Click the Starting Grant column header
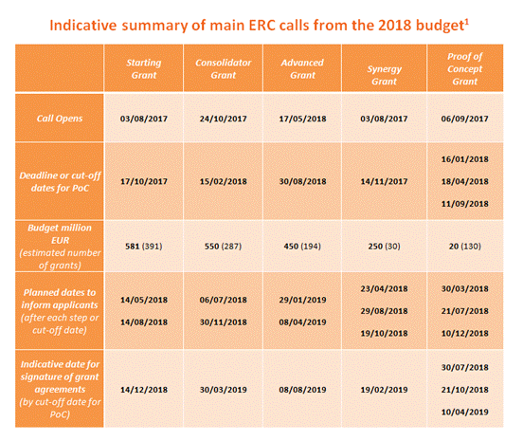point(144,69)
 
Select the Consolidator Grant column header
point(224,69)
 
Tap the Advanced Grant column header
point(302,69)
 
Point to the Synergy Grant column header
point(385,75)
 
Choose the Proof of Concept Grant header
point(465,69)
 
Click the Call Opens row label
point(60,119)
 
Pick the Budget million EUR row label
point(60,234)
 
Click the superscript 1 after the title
point(467,22)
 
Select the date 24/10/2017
point(224,119)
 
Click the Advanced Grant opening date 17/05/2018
point(302,119)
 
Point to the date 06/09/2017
point(465,119)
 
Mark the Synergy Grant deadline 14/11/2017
point(385,181)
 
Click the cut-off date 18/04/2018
point(465,181)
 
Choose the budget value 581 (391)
point(144,247)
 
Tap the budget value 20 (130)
point(465,247)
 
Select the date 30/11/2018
point(224,322)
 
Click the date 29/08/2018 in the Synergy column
point(385,311)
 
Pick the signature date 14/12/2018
point(144,390)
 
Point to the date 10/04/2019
point(465,413)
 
